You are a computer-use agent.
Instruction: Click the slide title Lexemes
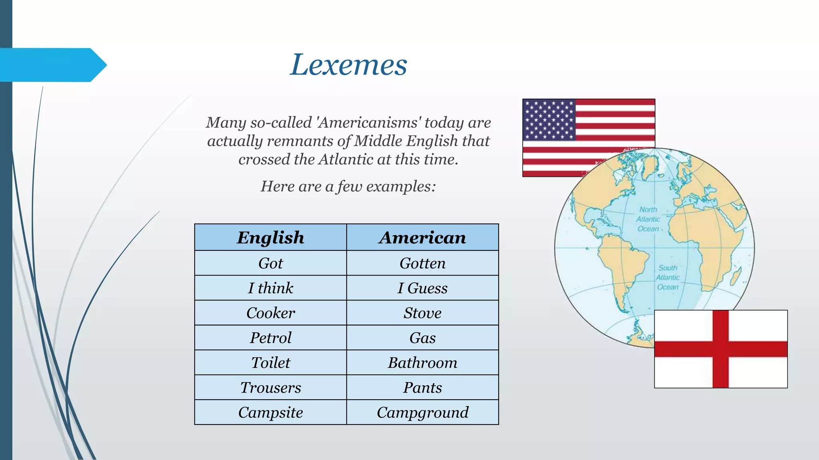348,65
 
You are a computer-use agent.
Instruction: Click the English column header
270,238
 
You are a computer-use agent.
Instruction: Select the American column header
422,238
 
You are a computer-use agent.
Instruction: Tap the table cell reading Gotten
422,263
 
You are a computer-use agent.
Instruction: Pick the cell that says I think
270,288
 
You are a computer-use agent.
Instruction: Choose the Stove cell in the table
422,313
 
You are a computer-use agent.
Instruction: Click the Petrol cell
270,338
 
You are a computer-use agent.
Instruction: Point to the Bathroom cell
422,363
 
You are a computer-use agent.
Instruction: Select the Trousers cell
270,388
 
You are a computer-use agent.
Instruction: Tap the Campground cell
422,412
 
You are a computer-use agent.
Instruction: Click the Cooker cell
270,313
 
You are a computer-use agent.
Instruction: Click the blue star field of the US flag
549,120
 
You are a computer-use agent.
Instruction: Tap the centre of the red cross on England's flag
721,349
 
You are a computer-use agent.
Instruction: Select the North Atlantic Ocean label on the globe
648,219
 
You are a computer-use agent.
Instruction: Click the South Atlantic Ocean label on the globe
668,278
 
